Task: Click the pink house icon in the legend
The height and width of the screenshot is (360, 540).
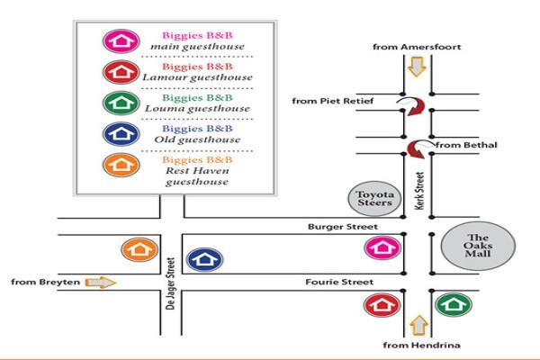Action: [121, 41]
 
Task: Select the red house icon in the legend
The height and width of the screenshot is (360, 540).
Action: [121, 72]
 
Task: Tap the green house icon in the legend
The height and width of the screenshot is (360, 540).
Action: [121, 103]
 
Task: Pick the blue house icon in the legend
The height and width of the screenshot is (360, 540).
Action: [121, 134]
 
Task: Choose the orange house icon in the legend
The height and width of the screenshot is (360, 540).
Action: [121, 165]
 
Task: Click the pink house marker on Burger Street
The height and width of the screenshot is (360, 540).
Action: [383, 247]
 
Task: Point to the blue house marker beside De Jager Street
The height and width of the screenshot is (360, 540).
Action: [204, 259]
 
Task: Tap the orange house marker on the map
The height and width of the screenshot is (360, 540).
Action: [139, 249]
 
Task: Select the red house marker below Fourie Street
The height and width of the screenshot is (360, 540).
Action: [382, 305]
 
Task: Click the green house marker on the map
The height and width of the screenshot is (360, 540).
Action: [454, 304]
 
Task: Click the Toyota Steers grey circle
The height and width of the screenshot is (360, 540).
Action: [374, 199]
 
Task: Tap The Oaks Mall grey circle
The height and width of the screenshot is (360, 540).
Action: [478, 246]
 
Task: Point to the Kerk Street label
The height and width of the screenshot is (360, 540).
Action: [419, 191]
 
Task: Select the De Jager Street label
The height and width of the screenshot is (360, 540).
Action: [170, 283]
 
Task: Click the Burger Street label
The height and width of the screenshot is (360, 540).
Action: [343, 227]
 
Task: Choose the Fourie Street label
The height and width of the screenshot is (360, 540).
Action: [339, 282]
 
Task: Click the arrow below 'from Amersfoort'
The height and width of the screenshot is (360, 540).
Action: [417, 67]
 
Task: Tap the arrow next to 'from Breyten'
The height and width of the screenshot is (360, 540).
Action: [101, 283]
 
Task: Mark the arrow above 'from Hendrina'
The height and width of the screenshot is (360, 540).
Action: [418, 326]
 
